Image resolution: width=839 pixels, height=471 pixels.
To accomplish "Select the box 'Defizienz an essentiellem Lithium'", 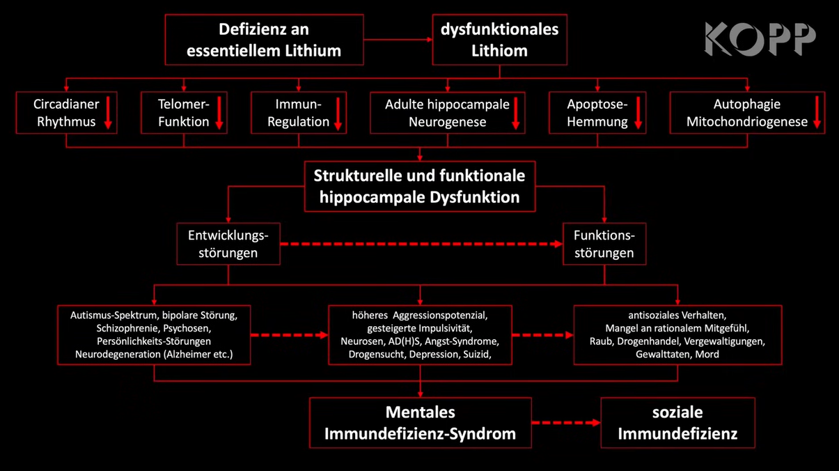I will pyautogui.click(x=264, y=40).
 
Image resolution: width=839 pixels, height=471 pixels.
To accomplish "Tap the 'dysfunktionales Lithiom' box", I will pyautogui.click(x=499, y=40).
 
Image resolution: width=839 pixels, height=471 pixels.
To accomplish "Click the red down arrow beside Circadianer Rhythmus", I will pyautogui.click(x=108, y=113).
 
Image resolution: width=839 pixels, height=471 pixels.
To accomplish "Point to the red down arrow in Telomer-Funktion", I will pyautogui.click(x=219, y=113).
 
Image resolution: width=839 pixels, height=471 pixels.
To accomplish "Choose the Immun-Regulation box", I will pyautogui.click(x=298, y=113).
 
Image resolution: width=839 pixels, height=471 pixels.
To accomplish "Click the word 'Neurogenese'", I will pyautogui.click(x=447, y=122).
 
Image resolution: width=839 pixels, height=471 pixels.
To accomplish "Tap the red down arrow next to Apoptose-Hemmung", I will pyautogui.click(x=638, y=113).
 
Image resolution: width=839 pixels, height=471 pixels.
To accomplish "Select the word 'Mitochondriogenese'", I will pyautogui.click(x=746, y=122).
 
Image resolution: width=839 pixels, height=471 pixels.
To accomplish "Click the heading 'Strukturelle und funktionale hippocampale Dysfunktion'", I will pyautogui.click(x=419, y=186).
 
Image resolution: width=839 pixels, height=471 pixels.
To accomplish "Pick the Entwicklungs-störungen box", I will pyautogui.click(x=228, y=244).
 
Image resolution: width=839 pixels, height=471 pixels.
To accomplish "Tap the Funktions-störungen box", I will pyautogui.click(x=604, y=244).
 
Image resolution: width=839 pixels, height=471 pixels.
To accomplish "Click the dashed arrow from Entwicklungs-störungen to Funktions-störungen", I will pyautogui.click(x=421, y=244).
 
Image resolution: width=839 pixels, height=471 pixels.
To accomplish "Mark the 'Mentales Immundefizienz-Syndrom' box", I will pyautogui.click(x=420, y=423).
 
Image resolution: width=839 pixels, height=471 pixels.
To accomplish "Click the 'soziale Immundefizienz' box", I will pyautogui.click(x=677, y=423).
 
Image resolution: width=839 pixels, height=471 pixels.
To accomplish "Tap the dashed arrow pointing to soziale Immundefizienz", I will pyautogui.click(x=566, y=423).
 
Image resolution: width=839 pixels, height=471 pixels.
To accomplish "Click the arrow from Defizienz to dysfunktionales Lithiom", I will pyautogui.click(x=398, y=40).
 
